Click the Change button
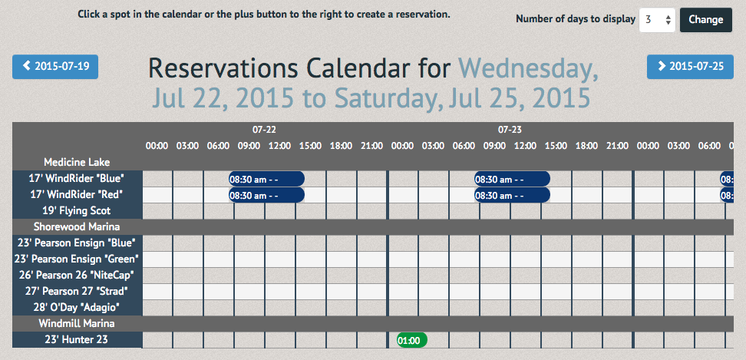pos(706,20)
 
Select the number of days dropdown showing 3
pos(657,20)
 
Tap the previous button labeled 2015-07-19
pos(55,67)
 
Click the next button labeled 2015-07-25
pos(690,67)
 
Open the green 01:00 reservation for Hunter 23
pos(412,340)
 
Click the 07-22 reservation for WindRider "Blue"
pos(266,179)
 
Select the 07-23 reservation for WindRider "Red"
pos(512,195)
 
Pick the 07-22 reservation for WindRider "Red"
pos(266,195)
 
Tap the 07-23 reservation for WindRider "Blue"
pos(512,179)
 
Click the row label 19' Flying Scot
pos(77,210)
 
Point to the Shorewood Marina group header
pos(77,227)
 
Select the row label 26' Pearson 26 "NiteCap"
pos(77,276)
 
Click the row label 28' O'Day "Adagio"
pos(77,307)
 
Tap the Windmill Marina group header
pos(77,324)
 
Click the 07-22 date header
pos(264,130)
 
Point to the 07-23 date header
pos(510,130)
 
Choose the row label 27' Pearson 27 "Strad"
pos(77,291)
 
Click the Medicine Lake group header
pos(77,162)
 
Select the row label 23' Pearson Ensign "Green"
pos(77,259)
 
